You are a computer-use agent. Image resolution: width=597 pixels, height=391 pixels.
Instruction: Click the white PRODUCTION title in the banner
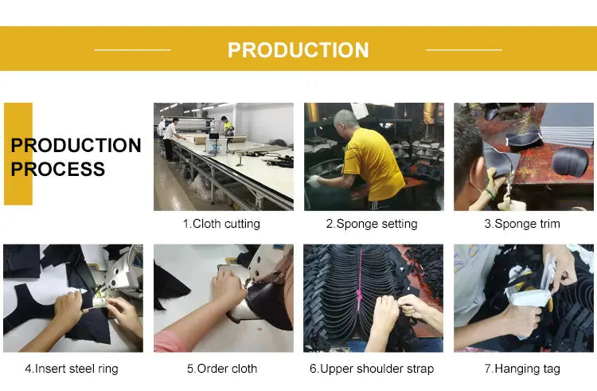[298, 50]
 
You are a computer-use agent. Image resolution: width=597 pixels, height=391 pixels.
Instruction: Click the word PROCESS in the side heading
[57, 169]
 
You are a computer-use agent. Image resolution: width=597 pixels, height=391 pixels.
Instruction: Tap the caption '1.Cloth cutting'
[221, 224]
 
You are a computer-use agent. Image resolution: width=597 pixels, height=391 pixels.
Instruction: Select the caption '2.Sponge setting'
[372, 224]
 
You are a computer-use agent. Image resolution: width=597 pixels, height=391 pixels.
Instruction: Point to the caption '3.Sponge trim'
[522, 224]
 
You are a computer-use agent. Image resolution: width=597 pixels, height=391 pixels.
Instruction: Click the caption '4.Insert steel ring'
[72, 369]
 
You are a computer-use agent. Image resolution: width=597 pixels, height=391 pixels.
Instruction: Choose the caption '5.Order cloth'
[222, 369]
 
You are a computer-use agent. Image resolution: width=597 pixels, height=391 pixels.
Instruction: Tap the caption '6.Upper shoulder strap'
[372, 369]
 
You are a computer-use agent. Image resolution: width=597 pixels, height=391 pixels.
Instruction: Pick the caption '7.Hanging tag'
[522, 369]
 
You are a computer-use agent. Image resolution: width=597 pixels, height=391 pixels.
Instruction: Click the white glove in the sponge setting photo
[314, 182]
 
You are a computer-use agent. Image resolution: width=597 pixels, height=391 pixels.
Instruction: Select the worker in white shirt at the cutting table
[170, 140]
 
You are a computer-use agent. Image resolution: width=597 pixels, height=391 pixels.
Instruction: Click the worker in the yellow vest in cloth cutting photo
[228, 126]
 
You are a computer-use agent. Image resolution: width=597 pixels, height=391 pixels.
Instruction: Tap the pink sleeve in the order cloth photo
[169, 342]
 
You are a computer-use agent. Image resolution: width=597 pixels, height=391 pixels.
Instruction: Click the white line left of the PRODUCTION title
[132, 50]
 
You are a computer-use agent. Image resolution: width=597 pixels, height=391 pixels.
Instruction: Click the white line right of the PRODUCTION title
[464, 50]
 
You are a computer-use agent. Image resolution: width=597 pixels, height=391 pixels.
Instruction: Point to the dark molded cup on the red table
[570, 162]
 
